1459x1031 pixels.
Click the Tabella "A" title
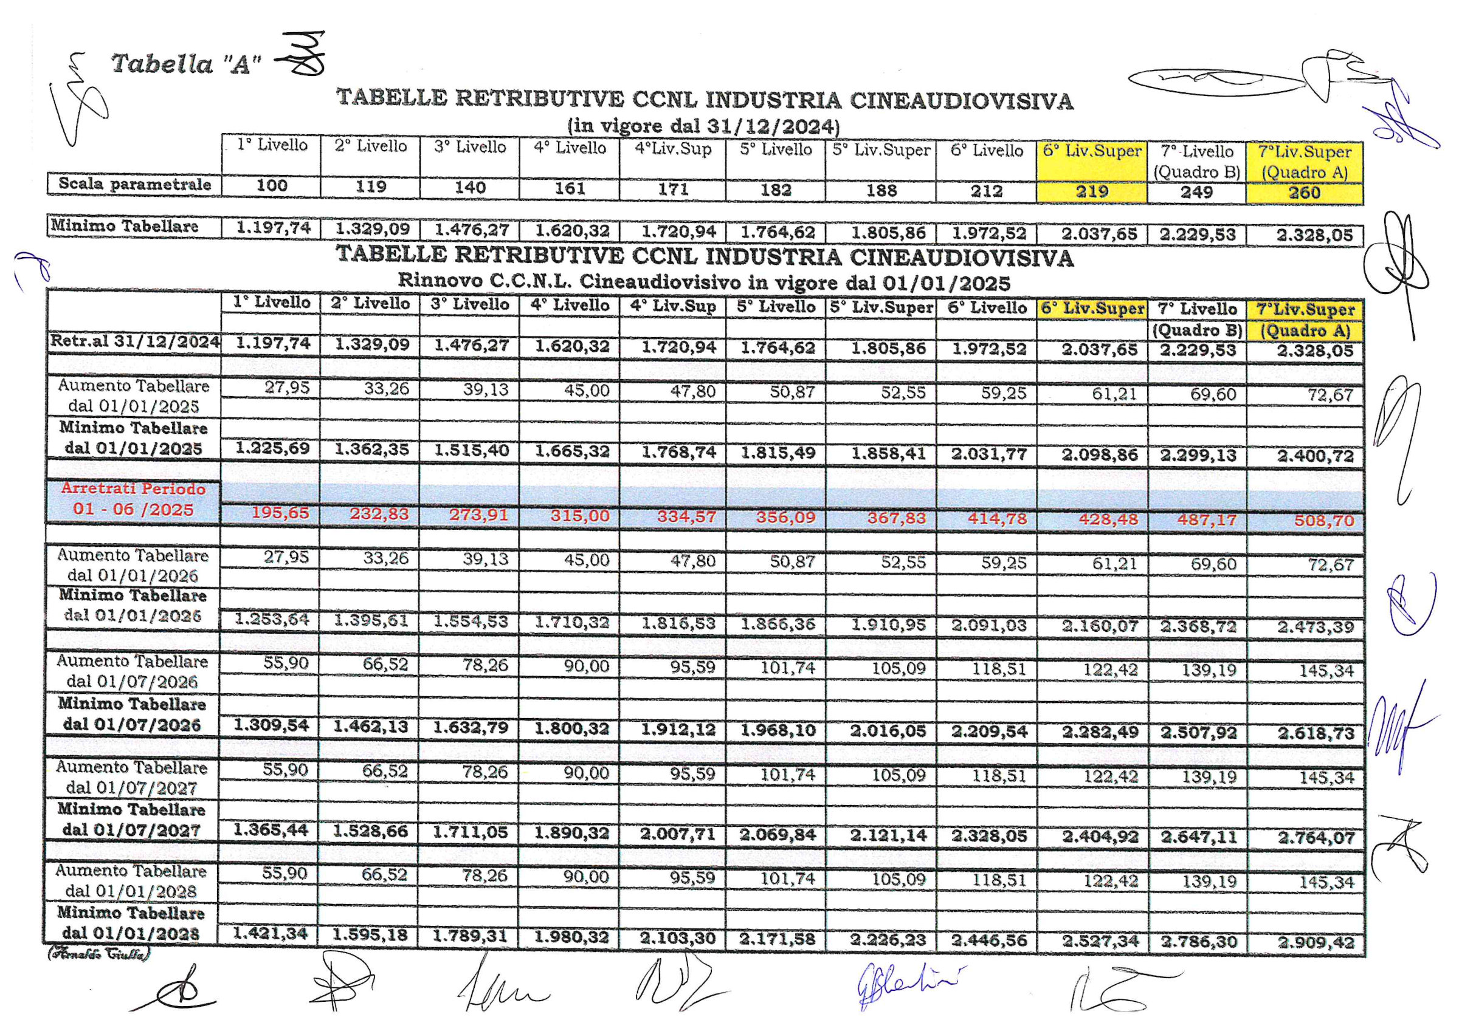coord(185,64)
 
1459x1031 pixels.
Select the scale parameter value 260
coord(1304,193)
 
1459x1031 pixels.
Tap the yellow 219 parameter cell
coord(1091,191)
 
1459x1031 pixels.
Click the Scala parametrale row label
coord(134,184)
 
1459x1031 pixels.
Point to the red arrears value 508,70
coord(1323,521)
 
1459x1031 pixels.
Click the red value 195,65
coord(280,513)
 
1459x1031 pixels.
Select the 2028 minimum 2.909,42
coord(1316,943)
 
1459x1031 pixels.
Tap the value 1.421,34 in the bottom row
coord(270,934)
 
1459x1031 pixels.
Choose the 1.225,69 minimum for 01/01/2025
coord(272,448)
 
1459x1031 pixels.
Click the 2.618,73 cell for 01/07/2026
coord(1316,733)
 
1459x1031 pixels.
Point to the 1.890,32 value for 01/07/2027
coord(571,833)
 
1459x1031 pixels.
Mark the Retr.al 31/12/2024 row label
coord(135,342)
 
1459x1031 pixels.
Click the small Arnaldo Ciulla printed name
coord(98,953)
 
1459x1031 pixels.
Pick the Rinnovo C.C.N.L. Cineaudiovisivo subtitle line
coord(703,281)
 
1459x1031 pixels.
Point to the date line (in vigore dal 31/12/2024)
coord(703,125)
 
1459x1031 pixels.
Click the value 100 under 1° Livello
coord(271,185)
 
